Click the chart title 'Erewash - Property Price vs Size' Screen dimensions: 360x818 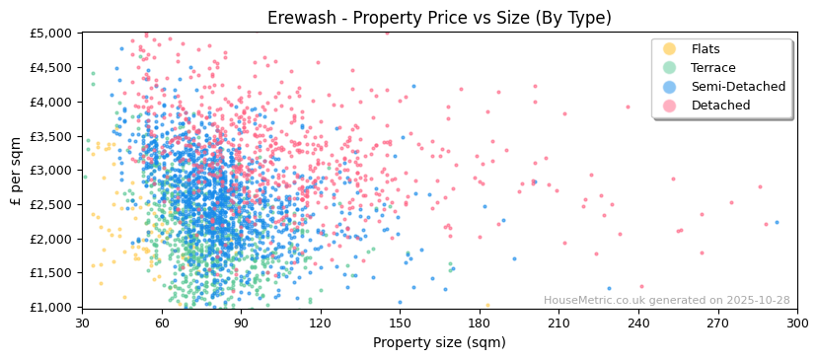[439, 18]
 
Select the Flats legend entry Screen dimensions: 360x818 [706, 49]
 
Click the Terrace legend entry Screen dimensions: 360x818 [711, 68]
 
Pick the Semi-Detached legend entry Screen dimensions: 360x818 [738, 87]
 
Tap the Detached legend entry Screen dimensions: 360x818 [720, 106]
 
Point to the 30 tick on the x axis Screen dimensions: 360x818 [82, 323]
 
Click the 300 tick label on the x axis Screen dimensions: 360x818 [797, 323]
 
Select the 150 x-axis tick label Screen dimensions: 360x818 [400, 323]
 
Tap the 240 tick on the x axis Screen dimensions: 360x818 [638, 323]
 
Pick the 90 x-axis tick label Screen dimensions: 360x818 [241, 323]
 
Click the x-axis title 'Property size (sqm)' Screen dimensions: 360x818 [439, 343]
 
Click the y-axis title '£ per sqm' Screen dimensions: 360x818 [17, 170]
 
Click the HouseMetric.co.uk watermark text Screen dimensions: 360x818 [667, 301]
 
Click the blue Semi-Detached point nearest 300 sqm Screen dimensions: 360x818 [777, 222]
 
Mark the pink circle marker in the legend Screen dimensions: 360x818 [670, 106]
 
